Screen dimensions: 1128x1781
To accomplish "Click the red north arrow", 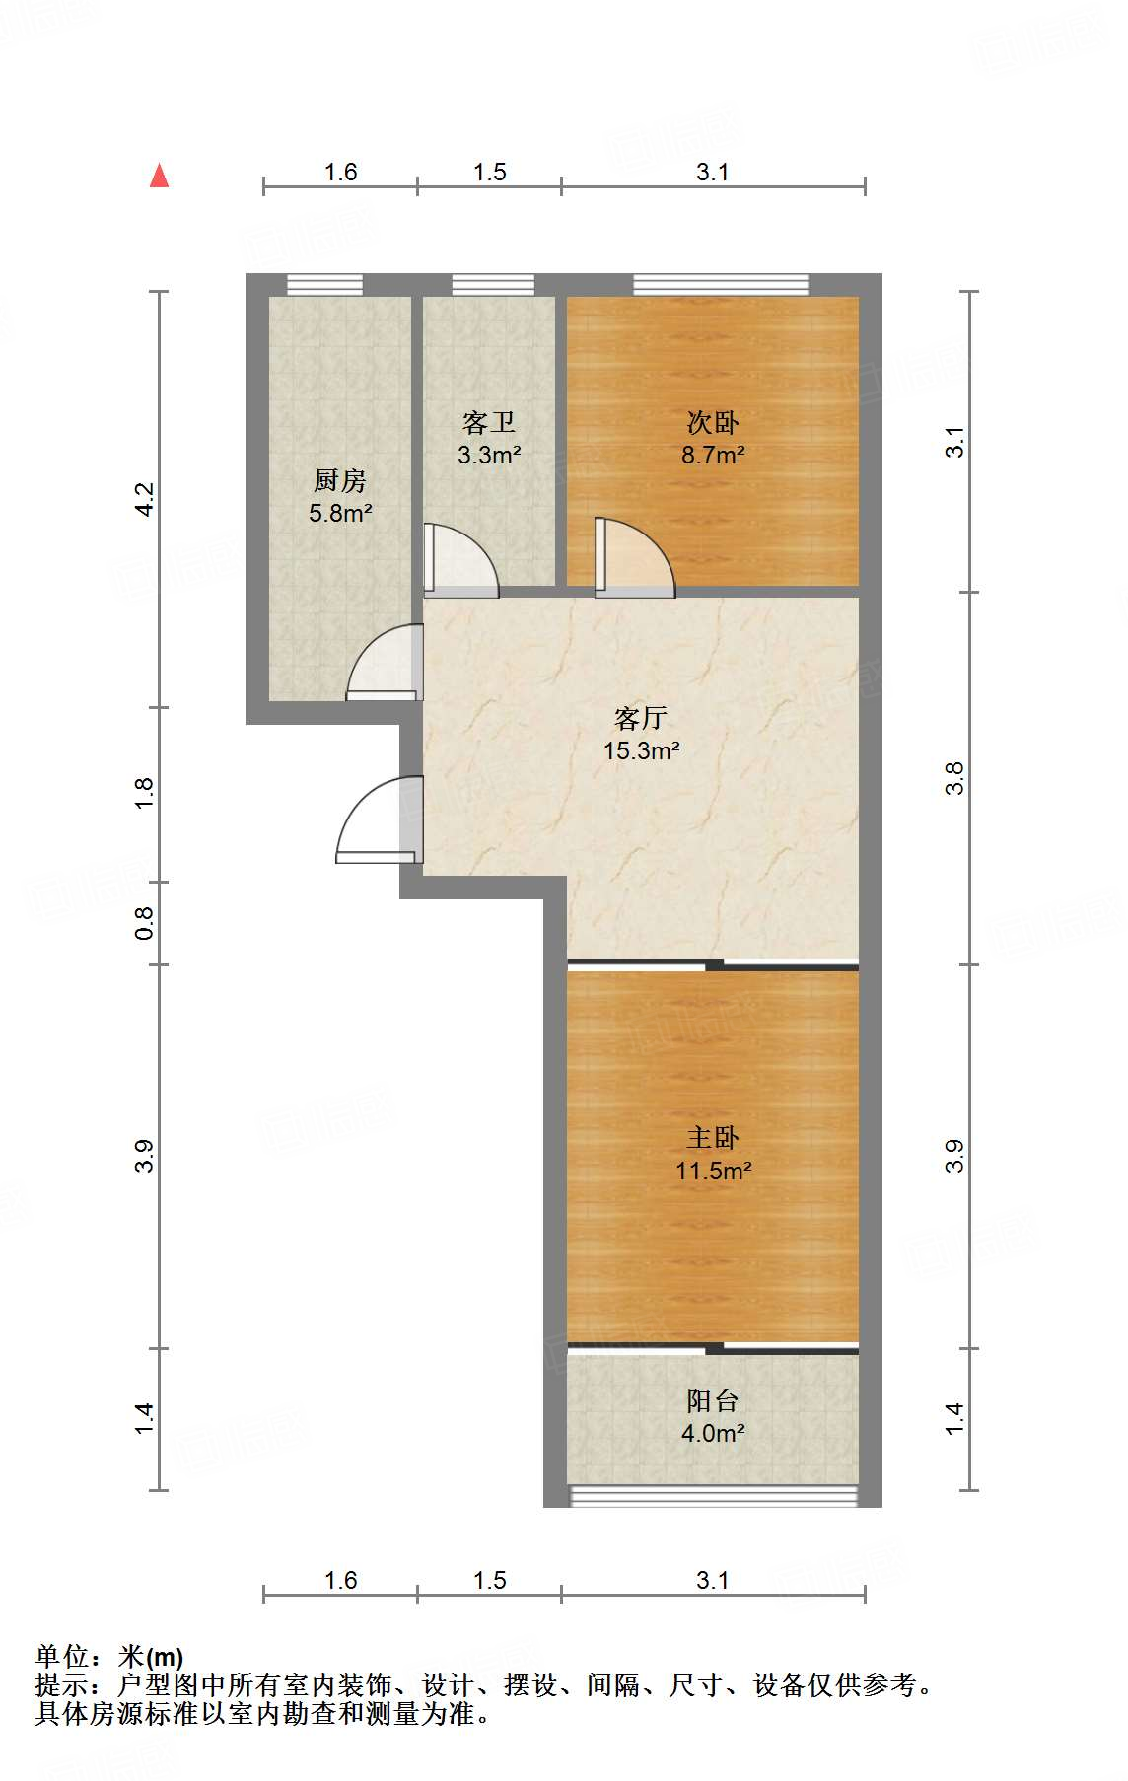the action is (159, 176).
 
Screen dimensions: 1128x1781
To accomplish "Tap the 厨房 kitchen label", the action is (340, 481).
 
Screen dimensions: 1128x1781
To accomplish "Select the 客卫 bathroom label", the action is (489, 423).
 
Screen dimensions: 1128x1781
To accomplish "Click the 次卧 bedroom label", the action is (713, 423).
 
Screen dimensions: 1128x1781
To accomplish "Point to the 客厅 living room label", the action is (641, 718).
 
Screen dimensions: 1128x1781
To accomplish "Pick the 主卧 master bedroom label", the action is (713, 1138).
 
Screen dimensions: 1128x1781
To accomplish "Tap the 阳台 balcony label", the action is (713, 1401).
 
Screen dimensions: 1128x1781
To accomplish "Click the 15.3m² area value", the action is (642, 750).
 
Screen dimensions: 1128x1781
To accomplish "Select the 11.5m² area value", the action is (714, 1171).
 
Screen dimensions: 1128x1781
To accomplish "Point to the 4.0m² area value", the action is (713, 1433).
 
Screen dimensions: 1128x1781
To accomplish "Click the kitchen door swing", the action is (384, 664).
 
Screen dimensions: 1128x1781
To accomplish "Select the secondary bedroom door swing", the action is (635, 558).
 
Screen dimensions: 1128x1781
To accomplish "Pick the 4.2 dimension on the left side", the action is (144, 499).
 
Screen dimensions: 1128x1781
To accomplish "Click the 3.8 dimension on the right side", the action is (954, 779).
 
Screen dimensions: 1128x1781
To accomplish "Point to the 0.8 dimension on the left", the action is (144, 923).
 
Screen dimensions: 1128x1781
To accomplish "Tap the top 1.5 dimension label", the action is (489, 173).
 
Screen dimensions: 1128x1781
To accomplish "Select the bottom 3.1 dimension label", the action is (713, 1581).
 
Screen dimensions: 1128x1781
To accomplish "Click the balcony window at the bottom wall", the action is (713, 1496).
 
